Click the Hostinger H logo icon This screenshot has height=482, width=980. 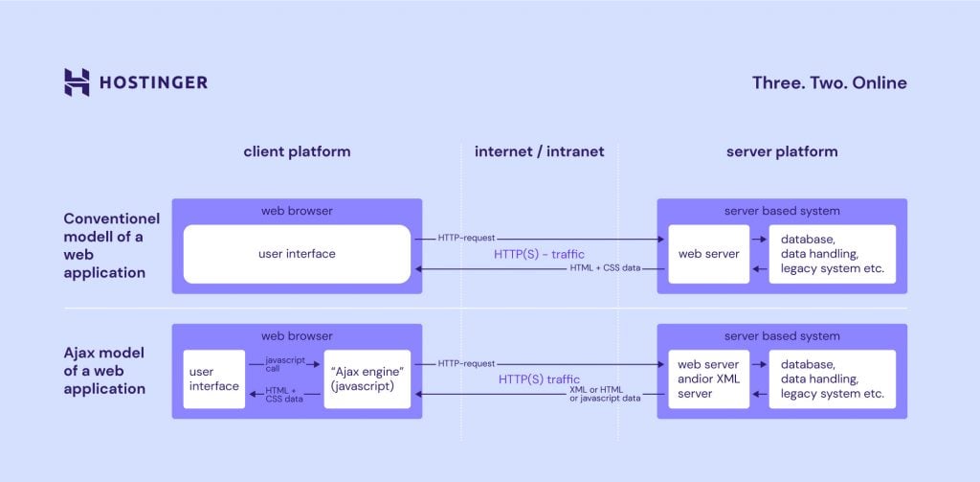click(x=77, y=82)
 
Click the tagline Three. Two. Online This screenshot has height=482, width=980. click(x=829, y=82)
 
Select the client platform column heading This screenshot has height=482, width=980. click(x=297, y=151)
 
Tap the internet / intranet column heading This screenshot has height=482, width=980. click(x=539, y=151)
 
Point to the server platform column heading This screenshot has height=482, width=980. click(x=781, y=151)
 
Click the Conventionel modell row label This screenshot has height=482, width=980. click(x=105, y=245)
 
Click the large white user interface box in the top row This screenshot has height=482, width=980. click(x=297, y=254)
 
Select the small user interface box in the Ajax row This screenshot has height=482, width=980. click(x=214, y=379)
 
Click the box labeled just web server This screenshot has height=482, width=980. click(x=708, y=254)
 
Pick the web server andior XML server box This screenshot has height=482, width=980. click(x=708, y=379)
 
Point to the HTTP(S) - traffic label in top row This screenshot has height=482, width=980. click(x=539, y=254)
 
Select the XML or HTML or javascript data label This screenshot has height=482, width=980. click(x=604, y=395)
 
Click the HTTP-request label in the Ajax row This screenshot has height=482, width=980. click(x=467, y=363)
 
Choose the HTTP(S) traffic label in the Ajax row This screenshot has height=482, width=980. click(x=539, y=379)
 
